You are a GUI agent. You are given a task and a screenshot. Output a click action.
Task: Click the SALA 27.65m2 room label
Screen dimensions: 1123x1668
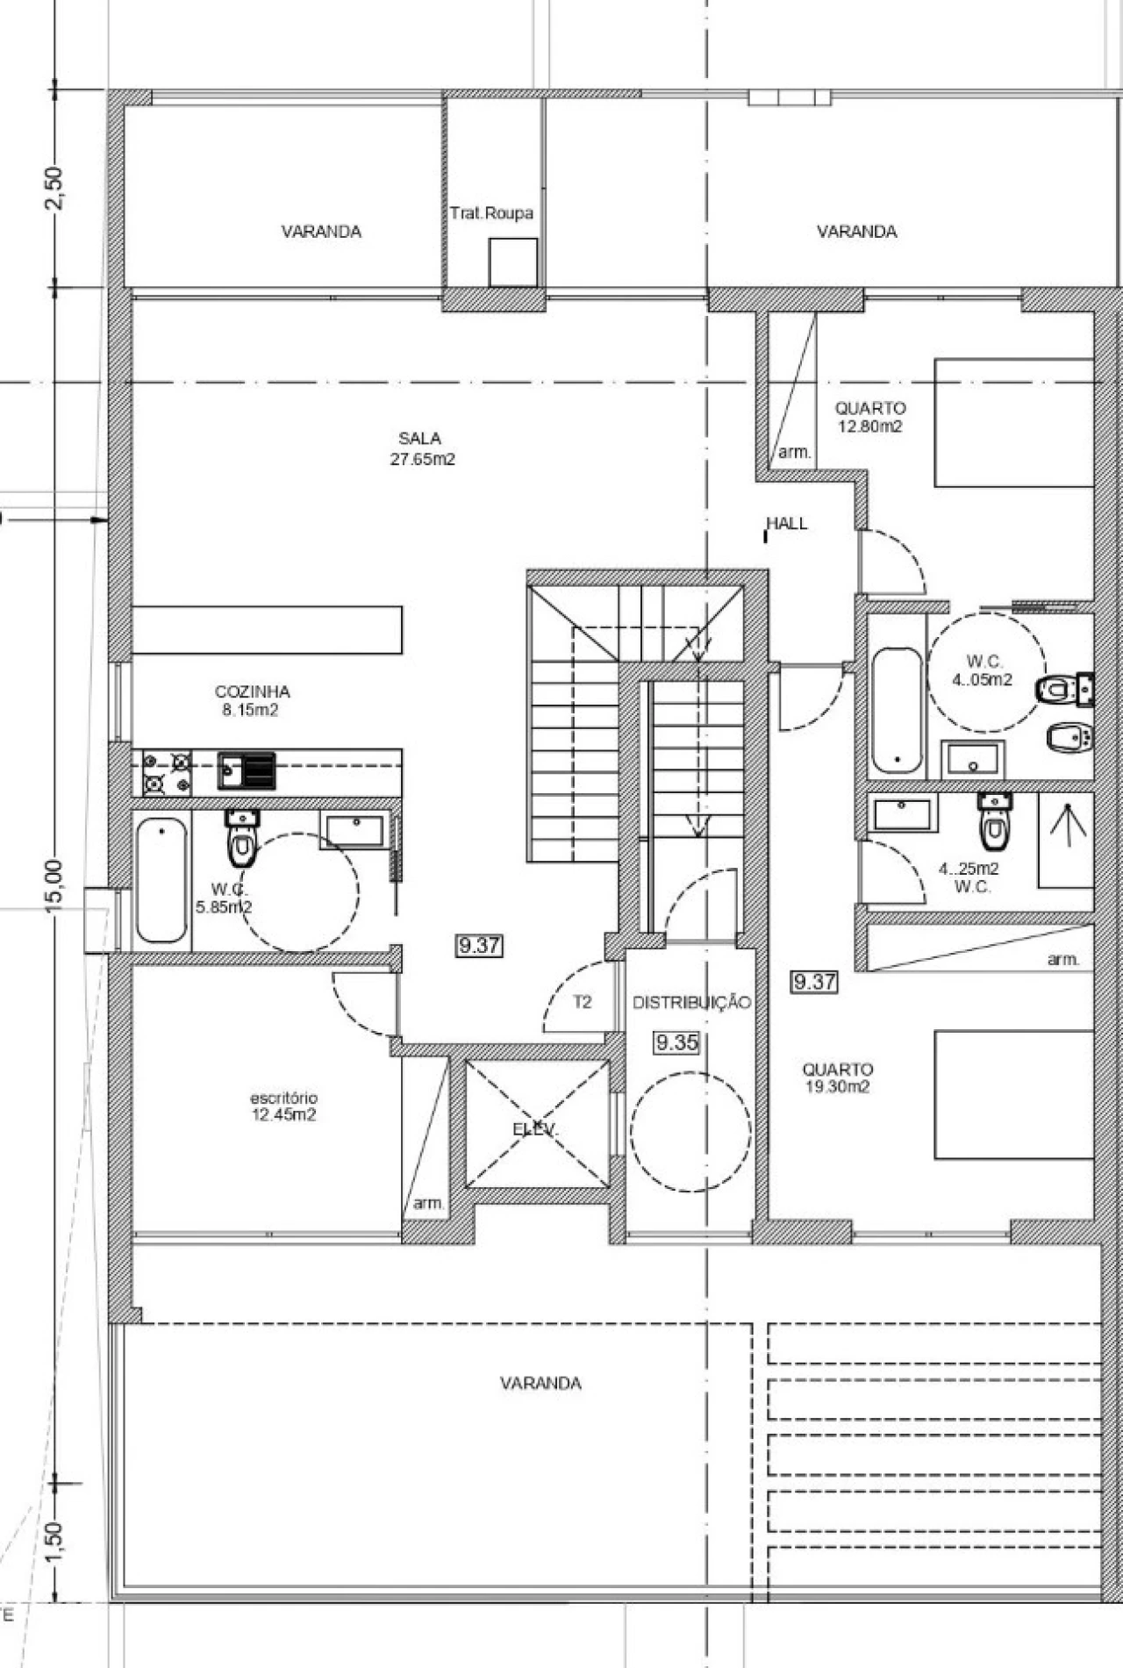(x=423, y=448)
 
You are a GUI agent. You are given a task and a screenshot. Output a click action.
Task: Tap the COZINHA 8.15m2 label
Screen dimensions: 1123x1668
(x=252, y=701)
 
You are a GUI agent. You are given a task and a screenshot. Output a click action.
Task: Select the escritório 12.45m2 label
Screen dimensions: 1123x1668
(x=283, y=1106)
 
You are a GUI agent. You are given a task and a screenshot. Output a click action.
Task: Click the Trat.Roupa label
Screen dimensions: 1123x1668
(x=491, y=213)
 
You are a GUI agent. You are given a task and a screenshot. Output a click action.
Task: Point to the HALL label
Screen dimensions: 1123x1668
(x=787, y=524)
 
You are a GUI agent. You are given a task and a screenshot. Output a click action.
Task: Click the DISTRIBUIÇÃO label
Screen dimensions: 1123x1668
(x=691, y=1003)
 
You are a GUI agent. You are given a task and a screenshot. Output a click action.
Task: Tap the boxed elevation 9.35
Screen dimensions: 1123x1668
(x=676, y=1042)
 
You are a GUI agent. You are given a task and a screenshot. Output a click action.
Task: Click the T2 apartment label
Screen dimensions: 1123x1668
(x=583, y=1002)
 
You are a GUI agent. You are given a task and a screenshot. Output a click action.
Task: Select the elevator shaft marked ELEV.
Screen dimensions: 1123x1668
(x=537, y=1123)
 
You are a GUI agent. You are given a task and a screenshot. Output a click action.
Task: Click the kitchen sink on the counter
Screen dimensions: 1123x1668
(x=247, y=771)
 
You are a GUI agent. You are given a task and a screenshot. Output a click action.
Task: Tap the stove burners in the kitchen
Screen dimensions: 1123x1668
(x=167, y=773)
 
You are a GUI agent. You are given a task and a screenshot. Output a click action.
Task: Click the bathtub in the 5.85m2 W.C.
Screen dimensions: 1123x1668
(x=161, y=880)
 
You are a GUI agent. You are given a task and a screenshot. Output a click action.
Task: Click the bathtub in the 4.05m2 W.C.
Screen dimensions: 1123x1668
(x=897, y=711)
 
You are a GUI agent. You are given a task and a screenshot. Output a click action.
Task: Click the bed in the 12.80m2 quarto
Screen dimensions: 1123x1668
(x=1014, y=422)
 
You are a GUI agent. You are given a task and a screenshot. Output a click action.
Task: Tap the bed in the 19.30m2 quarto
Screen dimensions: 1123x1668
(x=1014, y=1094)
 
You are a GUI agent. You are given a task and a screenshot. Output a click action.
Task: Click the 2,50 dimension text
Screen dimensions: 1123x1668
(x=54, y=188)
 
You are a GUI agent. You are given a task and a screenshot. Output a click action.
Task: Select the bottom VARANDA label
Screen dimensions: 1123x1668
(x=540, y=1384)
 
